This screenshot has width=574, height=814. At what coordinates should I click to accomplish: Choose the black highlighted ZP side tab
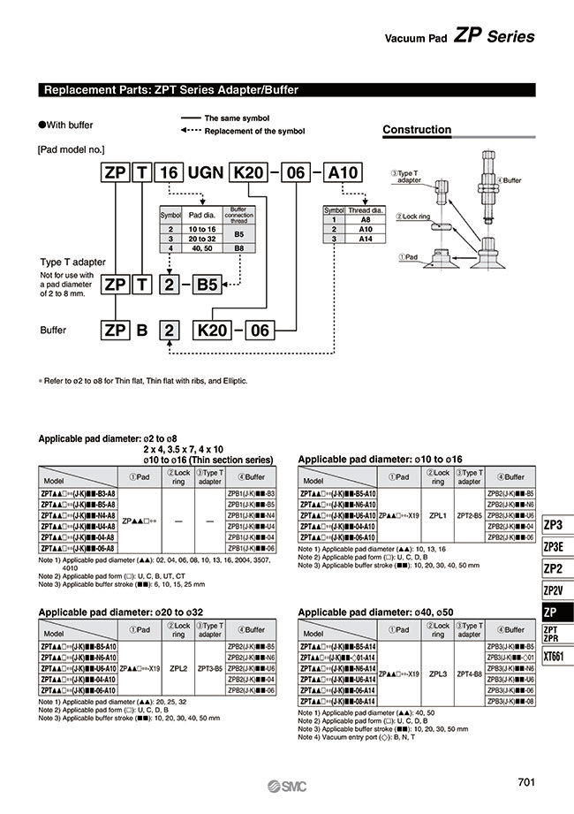tap(554, 612)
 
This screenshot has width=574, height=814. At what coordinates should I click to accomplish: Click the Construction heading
tap(417, 130)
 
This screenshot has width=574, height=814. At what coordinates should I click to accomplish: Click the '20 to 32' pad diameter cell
tap(195, 239)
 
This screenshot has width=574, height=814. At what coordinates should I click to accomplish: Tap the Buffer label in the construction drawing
tap(510, 180)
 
